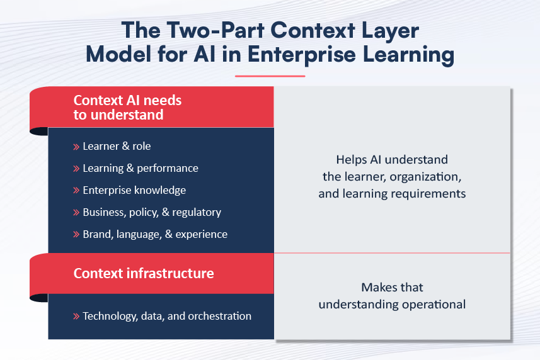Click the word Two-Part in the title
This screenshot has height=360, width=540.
coord(216,30)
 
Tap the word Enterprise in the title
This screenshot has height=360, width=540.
coord(301,55)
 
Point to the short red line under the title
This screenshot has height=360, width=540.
coord(270,76)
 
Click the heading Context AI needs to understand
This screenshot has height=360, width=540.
coord(127,107)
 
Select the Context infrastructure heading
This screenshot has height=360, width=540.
coord(144,273)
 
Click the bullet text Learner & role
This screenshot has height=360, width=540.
coord(117,146)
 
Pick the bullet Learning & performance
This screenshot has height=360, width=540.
coord(141,168)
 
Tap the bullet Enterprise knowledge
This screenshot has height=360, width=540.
coord(134,190)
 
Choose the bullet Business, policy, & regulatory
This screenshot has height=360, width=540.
coord(152,212)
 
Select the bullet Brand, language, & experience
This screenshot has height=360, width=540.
coord(155,234)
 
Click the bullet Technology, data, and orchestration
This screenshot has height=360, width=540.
coord(167,316)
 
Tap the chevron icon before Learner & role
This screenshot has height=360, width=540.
coord(76,147)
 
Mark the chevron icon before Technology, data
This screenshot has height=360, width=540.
coord(76,317)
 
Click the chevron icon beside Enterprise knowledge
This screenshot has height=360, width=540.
coord(76,191)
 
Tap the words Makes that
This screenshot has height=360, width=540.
coord(392,287)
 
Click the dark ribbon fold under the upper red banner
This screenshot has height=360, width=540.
coord(39,132)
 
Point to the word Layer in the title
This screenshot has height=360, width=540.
coord(390,31)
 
